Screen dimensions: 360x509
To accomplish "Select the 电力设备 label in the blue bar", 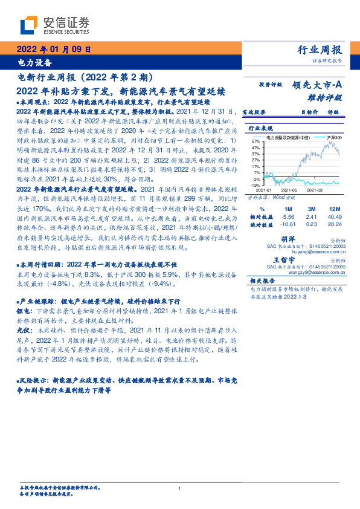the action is coord(34,62).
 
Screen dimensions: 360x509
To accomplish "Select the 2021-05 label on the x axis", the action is coord(290,190).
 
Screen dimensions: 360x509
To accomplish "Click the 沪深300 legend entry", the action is coord(334,138).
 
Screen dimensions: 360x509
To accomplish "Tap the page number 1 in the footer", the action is coord(180,489).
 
